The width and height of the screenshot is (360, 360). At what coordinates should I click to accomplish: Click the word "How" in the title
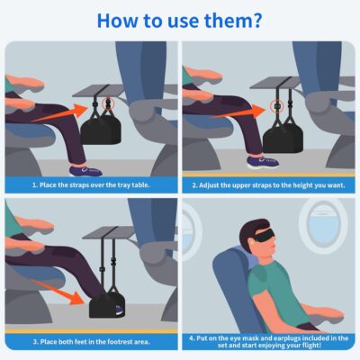pyautogui.click(x=120, y=20)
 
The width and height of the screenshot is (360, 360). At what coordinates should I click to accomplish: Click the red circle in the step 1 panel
pyautogui.click(x=113, y=92)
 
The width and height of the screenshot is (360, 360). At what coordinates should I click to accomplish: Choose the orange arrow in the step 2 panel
pyautogui.click(x=233, y=107)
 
